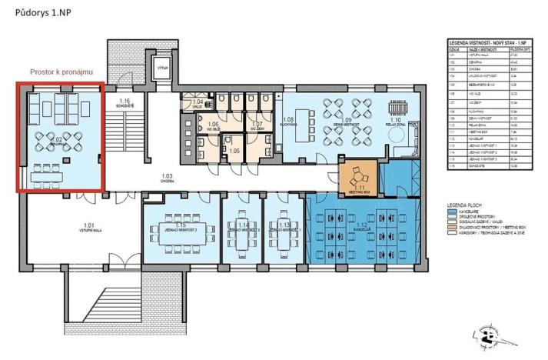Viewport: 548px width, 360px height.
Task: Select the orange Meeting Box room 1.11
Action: click(x=358, y=178)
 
